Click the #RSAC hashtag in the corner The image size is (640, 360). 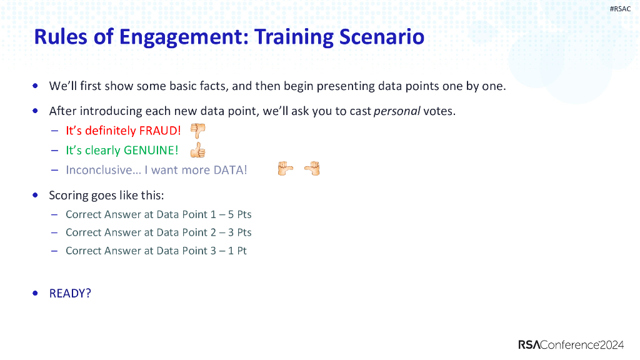(x=620, y=9)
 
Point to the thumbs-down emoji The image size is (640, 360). (x=197, y=131)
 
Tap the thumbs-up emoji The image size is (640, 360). (x=197, y=151)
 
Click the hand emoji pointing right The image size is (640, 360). (x=286, y=169)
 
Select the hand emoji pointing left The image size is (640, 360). (x=312, y=169)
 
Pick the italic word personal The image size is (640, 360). (x=396, y=112)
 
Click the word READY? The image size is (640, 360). (x=70, y=293)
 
